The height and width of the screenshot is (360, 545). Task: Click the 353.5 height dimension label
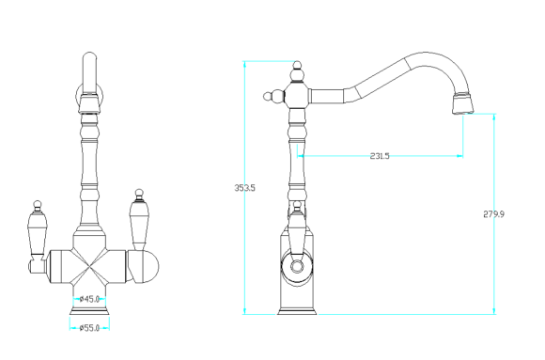244,188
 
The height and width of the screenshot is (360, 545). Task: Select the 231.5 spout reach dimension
380,156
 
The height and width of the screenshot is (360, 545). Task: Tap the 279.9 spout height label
493,214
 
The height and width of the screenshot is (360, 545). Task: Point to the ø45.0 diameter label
89,299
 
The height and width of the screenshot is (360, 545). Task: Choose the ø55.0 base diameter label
89,328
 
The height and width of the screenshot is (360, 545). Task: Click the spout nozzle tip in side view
463,103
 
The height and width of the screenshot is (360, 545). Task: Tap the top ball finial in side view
297,65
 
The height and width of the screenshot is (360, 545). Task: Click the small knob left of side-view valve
268,97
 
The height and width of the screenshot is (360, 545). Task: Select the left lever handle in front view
37,234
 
